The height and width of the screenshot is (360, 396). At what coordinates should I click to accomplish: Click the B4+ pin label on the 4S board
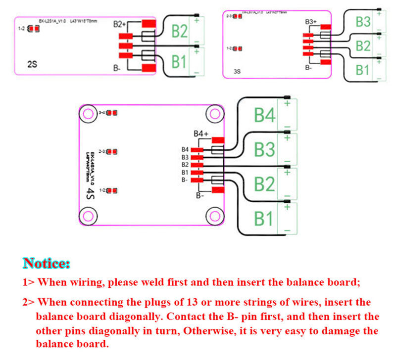coord(200,134)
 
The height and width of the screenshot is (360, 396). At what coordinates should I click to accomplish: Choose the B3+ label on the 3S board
coord(310,22)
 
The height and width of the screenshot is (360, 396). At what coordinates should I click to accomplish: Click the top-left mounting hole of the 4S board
coord(89,115)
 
